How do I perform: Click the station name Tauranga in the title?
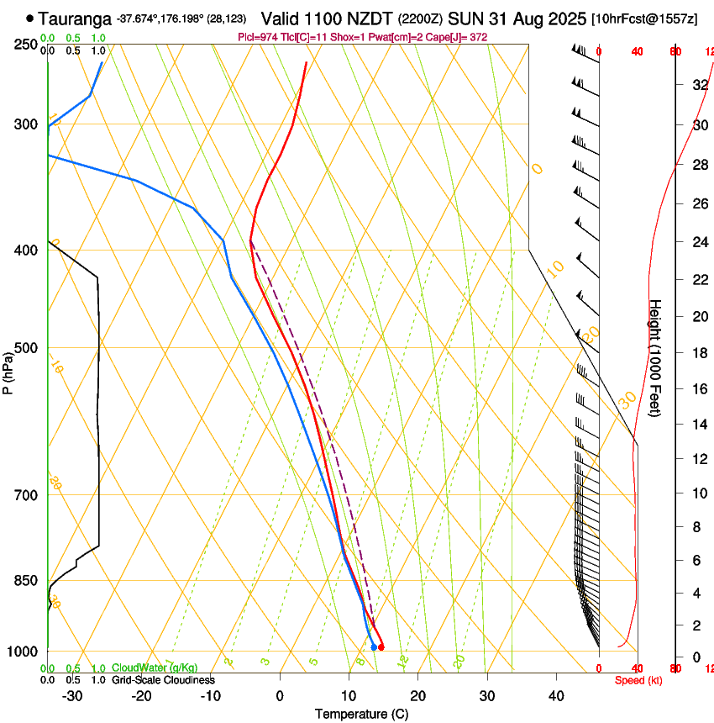click(x=75, y=18)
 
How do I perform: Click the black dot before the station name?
click(x=31, y=18)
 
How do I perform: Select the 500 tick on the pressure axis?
click(x=28, y=347)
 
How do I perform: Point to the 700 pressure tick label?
click(x=28, y=494)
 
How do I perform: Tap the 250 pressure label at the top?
click(x=28, y=44)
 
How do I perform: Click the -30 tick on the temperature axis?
click(x=72, y=695)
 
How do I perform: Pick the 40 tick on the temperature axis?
click(x=555, y=695)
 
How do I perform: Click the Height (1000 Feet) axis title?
click(x=655, y=357)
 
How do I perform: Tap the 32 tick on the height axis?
click(x=699, y=84)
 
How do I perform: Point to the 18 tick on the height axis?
click(x=699, y=352)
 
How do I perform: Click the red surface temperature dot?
click(x=381, y=646)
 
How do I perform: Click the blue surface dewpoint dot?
click(x=374, y=646)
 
